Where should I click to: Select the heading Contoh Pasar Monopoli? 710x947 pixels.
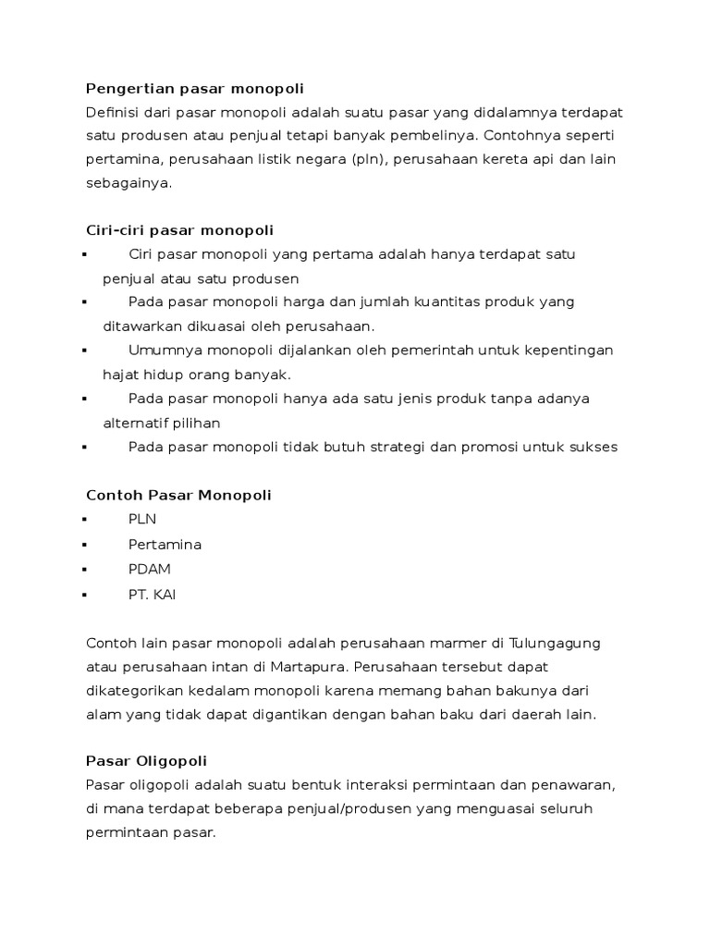(178, 495)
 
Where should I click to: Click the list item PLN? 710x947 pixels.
(142, 520)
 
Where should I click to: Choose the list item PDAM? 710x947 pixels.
(150, 568)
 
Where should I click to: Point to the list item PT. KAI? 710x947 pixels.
(153, 594)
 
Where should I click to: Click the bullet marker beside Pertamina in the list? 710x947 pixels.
(84, 545)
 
